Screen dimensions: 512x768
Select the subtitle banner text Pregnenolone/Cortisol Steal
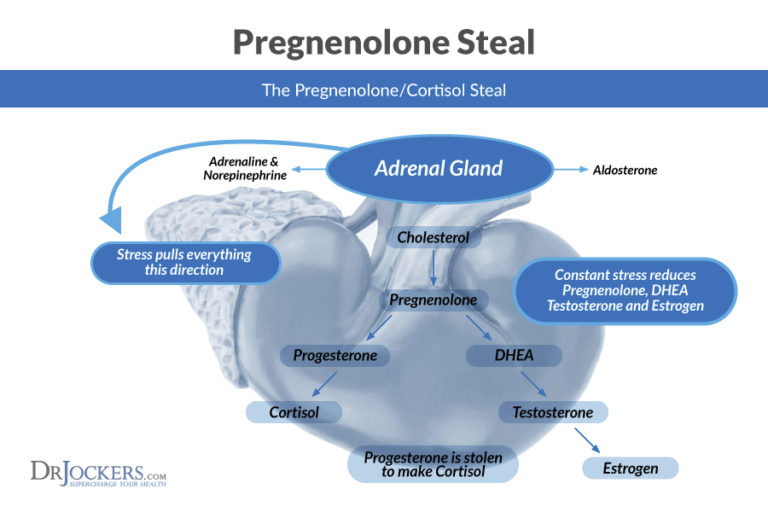click(x=384, y=90)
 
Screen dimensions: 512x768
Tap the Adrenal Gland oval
click(x=438, y=168)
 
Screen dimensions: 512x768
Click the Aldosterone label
click(x=625, y=171)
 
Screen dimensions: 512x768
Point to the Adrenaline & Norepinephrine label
click(x=247, y=168)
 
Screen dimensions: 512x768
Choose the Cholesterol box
click(x=433, y=238)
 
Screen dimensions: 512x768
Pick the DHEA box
click(x=514, y=355)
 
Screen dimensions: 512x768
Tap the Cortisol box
click(x=293, y=412)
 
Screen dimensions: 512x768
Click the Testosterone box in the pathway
click(x=552, y=412)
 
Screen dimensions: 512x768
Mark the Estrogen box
click(x=630, y=467)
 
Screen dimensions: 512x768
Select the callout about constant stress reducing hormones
click(x=625, y=291)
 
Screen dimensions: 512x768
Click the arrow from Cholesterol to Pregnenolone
click(x=432, y=269)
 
